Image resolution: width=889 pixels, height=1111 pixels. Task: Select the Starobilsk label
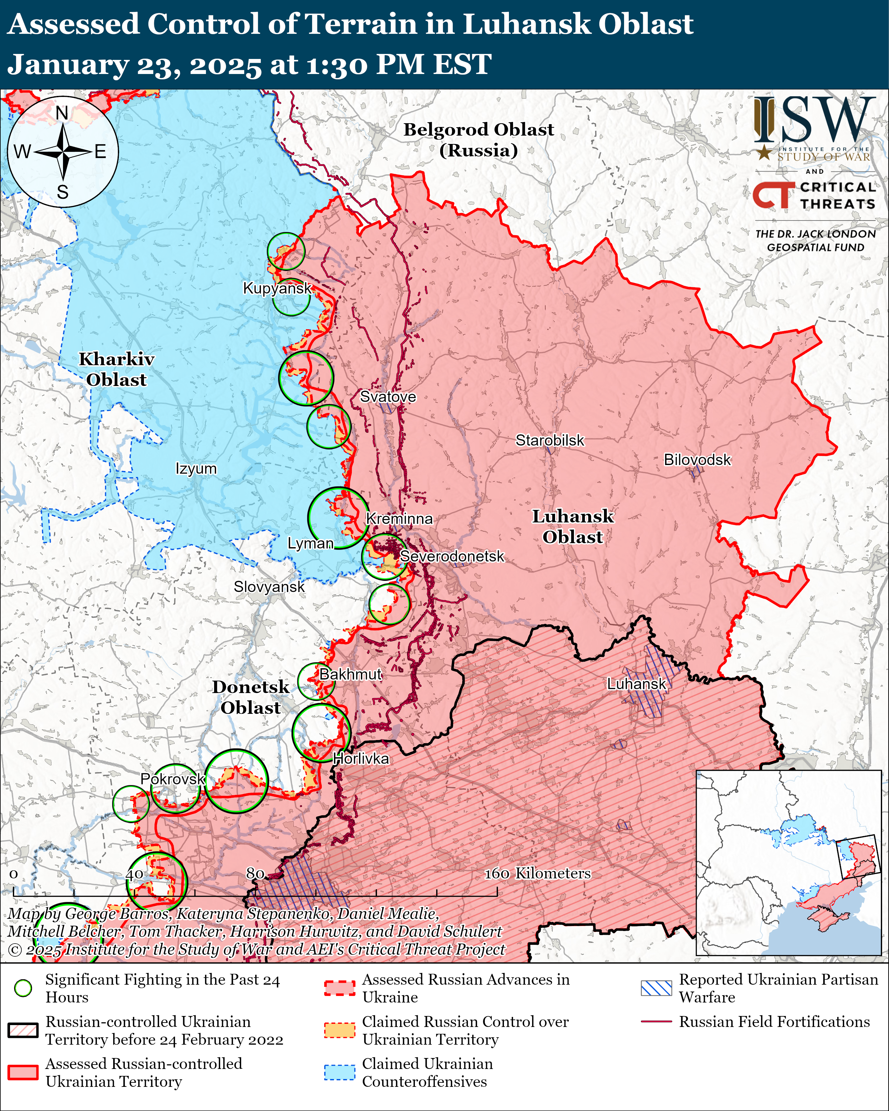[550, 441]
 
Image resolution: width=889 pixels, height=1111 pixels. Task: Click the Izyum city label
[196, 469]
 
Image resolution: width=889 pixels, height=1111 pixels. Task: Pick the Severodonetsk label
[452, 557]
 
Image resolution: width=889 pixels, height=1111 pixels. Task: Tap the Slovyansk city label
[269, 587]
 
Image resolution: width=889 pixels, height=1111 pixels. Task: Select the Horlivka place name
[361, 759]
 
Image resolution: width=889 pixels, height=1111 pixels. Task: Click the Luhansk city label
[637, 684]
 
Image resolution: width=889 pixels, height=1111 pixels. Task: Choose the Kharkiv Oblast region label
[116, 369]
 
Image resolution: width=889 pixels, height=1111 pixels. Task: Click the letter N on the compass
[62, 113]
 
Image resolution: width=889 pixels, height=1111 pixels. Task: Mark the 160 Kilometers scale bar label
[537, 873]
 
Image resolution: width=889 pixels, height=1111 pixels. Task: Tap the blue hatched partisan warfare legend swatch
[657, 988]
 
